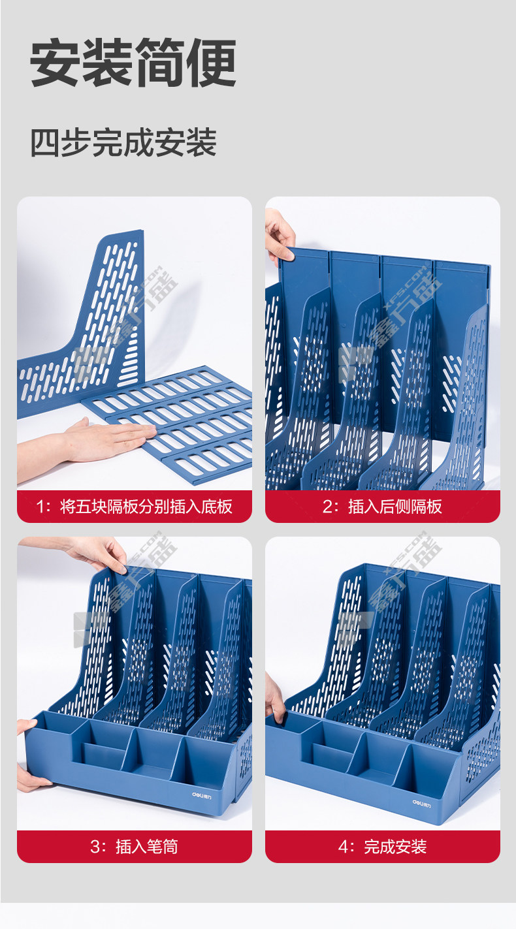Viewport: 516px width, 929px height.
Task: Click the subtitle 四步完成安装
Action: point(123,143)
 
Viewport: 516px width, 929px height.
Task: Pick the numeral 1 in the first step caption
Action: point(40,507)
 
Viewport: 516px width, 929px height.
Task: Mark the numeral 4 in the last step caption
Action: point(344,847)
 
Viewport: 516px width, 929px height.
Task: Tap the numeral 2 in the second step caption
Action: point(328,507)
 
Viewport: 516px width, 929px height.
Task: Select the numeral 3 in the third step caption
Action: point(95,847)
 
